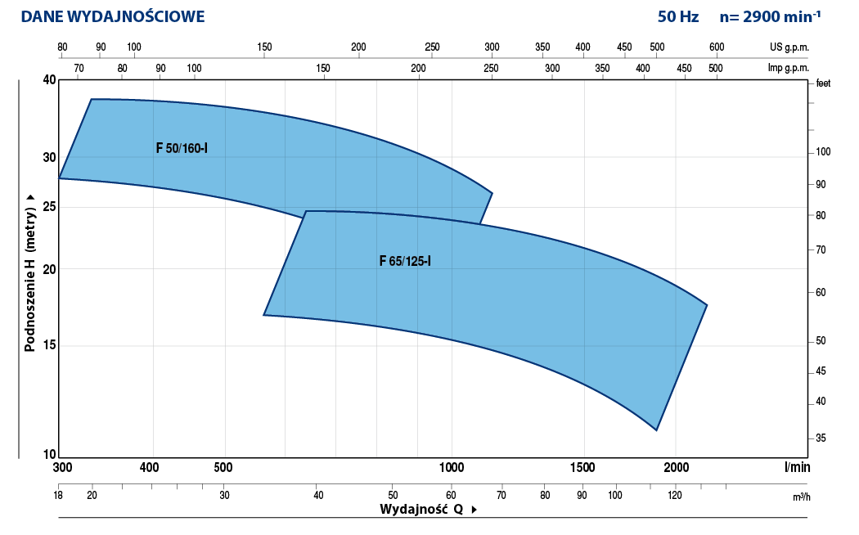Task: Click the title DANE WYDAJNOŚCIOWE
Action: [113, 16]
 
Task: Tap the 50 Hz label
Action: [678, 16]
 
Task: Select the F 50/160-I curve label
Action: [182, 149]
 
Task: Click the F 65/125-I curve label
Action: [405, 262]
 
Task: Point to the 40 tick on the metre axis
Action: [48, 80]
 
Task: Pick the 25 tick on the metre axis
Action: [48, 207]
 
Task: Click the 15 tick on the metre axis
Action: [48, 345]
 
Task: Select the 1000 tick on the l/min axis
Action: [452, 468]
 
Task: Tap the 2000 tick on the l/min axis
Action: [676, 468]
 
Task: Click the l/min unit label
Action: [796, 468]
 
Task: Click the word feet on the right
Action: [823, 83]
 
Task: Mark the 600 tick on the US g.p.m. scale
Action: [717, 47]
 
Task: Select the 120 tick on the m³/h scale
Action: [675, 495]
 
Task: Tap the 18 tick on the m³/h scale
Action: [58, 495]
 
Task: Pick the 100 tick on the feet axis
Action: [823, 152]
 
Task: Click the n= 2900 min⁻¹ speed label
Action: [771, 16]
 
